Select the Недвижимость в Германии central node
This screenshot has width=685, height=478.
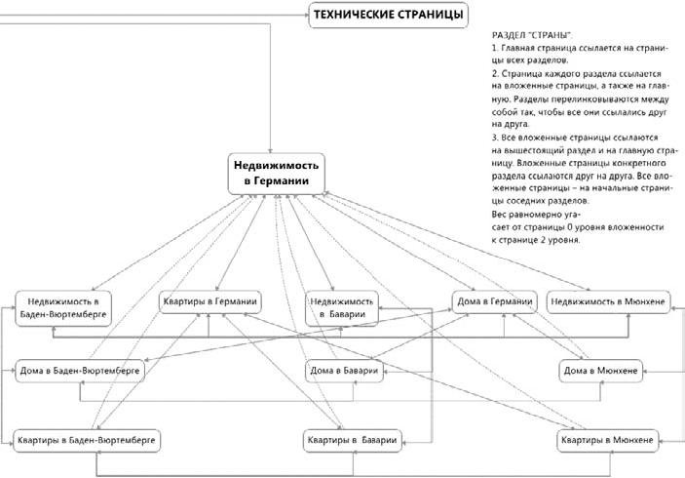(276, 173)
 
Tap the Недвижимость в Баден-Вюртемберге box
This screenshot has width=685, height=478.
(61, 307)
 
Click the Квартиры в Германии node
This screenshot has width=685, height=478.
(209, 301)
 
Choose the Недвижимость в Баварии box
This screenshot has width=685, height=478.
(340, 307)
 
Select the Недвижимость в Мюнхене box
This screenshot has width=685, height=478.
(608, 301)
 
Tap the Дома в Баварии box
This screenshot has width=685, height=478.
(343, 371)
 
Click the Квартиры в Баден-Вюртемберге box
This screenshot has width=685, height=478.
(87, 440)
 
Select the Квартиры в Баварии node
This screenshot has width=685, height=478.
(350, 441)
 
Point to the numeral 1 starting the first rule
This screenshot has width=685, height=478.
(495, 48)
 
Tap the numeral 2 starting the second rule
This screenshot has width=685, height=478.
(495, 73)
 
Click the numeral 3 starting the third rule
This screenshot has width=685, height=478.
(495, 138)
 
